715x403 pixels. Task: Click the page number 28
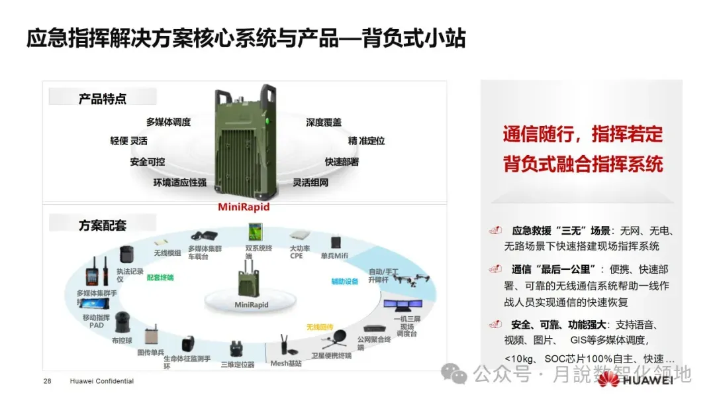(x=47, y=381)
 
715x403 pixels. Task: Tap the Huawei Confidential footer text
(x=102, y=381)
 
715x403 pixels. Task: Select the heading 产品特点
(x=103, y=99)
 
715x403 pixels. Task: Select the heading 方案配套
(x=102, y=225)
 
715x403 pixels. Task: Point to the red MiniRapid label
(x=244, y=207)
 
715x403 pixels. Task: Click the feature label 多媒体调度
(x=168, y=122)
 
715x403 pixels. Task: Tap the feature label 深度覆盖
(x=324, y=122)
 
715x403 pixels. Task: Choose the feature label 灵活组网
(x=310, y=182)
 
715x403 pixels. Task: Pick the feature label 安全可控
(x=148, y=162)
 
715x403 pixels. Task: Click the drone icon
(x=412, y=281)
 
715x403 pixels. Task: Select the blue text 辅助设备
(x=345, y=281)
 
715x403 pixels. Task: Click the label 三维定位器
(x=238, y=365)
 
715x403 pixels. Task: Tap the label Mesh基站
(x=286, y=363)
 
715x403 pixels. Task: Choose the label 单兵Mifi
(x=335, y=256)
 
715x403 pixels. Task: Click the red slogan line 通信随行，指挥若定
(x=583, y=134)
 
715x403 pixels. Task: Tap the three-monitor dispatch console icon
(x=404, y=308)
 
